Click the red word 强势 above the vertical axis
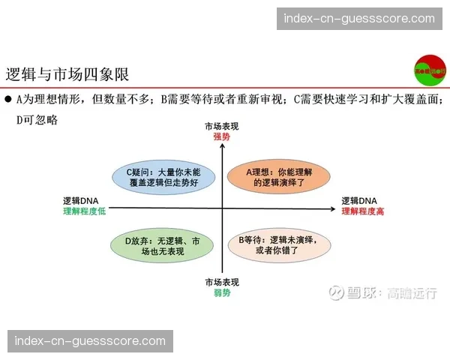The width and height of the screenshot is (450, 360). click(x=221, y=137)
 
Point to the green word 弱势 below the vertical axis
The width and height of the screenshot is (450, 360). click(x=221, y=292)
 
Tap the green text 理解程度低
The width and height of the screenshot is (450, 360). click(x=85, y=211)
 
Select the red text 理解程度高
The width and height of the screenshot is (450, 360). click(x=363, y=211)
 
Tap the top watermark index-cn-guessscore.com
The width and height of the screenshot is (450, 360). click(x=355, y=19)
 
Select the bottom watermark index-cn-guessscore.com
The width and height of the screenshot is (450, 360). click(x=90, y=340)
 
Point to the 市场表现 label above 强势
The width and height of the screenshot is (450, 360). click(x=221, y=126)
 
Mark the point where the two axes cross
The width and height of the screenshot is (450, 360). click(x=222, y=208)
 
